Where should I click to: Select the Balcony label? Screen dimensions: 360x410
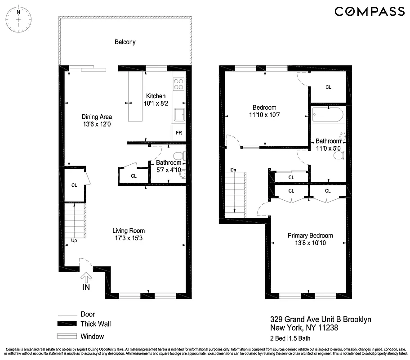pyautogui.click(x=125, y=42)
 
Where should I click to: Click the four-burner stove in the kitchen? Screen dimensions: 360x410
pyautogui.click(x=178, y=84)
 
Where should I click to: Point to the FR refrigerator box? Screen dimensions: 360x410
pyautogui.click(x=178, y=133)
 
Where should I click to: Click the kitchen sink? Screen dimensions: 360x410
pyautogui.click(x=179, y=115)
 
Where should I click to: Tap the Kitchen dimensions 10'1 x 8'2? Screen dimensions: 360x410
pyautogui.click(x=156, y=103)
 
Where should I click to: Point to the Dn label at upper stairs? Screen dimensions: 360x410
pyautogui.click(x=233, y=170)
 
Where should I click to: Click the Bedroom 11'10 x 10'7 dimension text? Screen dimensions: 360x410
pyautogui.click(x=264, y=115)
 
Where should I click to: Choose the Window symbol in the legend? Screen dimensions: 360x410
pyautogui.click(x=66, y=336)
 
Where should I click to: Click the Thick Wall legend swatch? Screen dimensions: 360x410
pyautogui.click(x=66, y=324)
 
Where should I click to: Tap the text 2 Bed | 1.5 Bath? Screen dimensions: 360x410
pyautogui.click(x=290, y=339)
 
